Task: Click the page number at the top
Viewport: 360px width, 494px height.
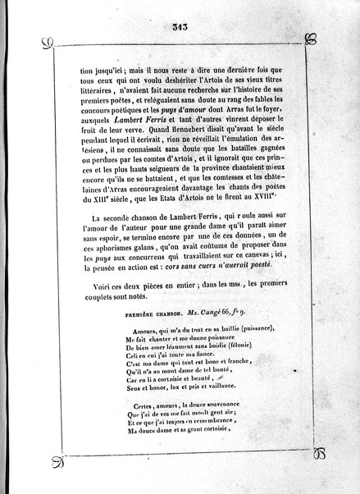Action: coord(181,27)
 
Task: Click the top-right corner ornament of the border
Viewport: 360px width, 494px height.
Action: coord(310,39)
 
